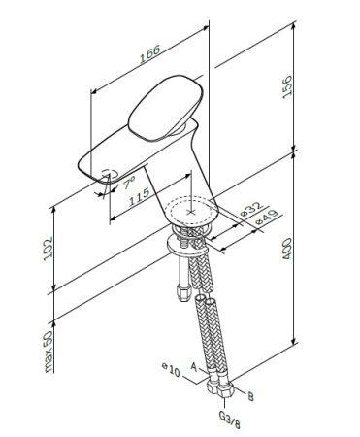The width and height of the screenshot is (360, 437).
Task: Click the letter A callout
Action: [193, 368]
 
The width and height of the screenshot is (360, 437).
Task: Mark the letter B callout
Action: [251, 396]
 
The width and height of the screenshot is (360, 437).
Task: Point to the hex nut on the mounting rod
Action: [182, 287]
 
